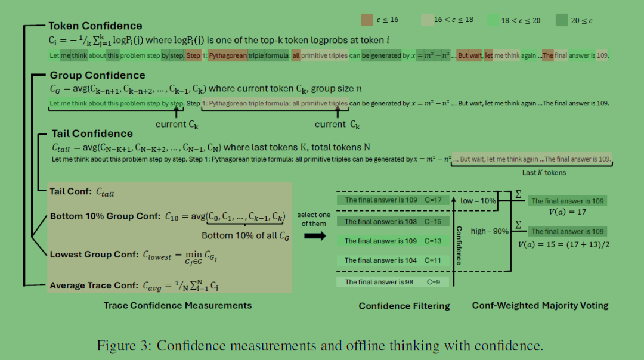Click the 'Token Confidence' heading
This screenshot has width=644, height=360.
95,26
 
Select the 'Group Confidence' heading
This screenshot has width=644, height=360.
98,75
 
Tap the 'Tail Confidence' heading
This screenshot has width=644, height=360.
92,134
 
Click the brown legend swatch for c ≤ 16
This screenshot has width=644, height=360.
367,20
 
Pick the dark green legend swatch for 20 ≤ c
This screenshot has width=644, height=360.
562,20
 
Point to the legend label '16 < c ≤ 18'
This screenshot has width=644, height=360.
454,20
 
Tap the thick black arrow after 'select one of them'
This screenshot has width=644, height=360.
315,236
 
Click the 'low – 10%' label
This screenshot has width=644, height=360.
478,201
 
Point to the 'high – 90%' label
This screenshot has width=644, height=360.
490,231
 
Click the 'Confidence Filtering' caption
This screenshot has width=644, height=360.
404,306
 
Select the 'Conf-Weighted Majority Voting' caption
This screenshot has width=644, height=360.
540,305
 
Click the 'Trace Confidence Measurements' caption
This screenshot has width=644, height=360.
178,305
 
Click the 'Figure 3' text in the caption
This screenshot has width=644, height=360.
124,346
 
